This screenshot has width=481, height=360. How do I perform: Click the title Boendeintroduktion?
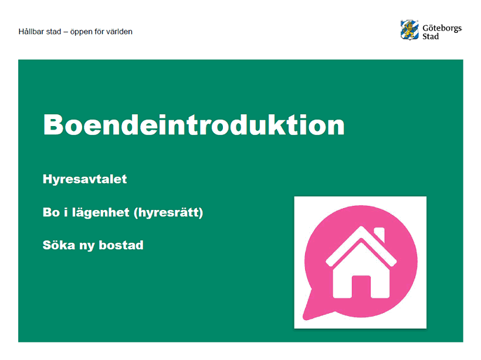pos(194,125)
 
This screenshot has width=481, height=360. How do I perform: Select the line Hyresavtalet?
pos(84,179)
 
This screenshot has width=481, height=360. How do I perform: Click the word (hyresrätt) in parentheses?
pos(168,212)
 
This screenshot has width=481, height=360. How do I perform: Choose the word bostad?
pos(121,245)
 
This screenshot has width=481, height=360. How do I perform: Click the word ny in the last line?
pos(87,246)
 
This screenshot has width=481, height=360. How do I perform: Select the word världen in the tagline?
pos(120,32)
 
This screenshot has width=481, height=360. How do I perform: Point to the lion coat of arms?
pos(409,30)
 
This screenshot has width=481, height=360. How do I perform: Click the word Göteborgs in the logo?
pos(442,28)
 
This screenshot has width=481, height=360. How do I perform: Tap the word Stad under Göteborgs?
pos(431,36)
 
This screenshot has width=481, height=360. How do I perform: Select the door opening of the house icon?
pos(361,287)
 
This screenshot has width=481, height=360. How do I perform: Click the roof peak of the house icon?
pos(361,227)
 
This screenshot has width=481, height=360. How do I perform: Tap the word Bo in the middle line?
pos(51,212)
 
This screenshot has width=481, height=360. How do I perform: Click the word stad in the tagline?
pos(53,32)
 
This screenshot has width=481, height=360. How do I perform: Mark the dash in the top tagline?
pos(66,32)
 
